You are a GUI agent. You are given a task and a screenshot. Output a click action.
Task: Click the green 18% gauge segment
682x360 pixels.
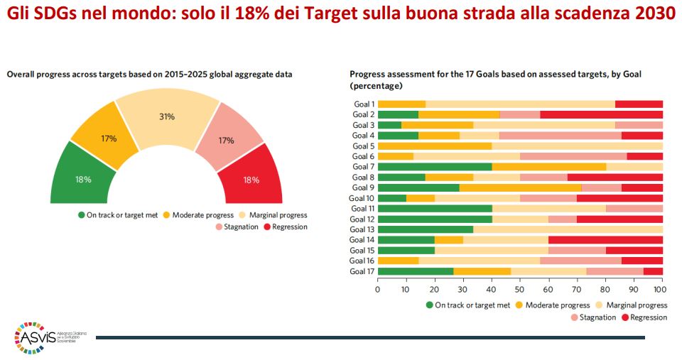pos(84,178)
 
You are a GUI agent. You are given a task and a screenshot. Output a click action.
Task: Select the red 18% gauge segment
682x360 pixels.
pos(250,178)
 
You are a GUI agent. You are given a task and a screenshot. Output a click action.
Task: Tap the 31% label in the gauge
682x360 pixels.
pos(167,116)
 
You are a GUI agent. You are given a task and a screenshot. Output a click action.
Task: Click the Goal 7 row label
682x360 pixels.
pos(363,167)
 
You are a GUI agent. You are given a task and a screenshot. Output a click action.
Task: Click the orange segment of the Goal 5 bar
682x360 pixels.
pos(434,146)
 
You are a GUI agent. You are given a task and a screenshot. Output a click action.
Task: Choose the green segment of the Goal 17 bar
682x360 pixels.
pos(415,271)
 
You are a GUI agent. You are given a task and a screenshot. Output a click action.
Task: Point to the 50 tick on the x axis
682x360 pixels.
pos(519,290)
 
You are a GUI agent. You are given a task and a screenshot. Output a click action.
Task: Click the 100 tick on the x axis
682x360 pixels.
pos(661,290)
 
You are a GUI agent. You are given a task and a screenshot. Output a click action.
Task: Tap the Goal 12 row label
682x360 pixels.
pos(362,219)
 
